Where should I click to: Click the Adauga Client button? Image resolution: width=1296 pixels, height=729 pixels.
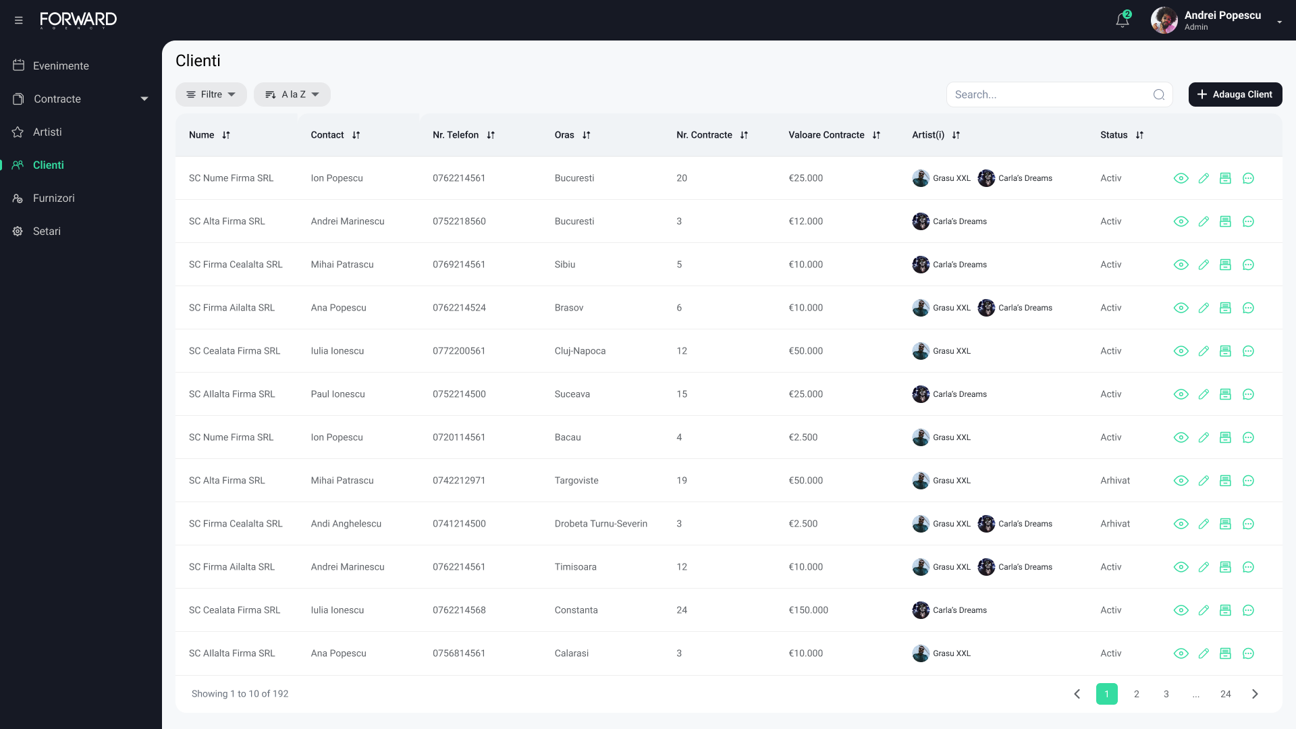tap(1235, 94)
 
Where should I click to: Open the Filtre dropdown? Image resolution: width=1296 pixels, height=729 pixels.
tap(211, 94)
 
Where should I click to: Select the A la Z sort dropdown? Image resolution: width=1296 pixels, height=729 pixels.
tap(292, 94)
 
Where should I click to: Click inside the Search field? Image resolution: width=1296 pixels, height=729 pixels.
tap(1050, 94)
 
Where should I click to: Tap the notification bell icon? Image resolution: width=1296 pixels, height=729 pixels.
tap(1122, 20)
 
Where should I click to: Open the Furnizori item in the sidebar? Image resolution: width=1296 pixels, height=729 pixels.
tap(53, 198)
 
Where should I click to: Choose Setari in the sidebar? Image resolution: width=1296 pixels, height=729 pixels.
tap(46, 231)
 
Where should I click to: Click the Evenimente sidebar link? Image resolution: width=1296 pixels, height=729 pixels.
tap(60, 65)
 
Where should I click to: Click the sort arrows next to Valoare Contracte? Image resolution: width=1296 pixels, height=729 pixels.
tap(876, 135)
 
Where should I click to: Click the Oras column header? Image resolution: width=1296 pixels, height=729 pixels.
tap(564, 135)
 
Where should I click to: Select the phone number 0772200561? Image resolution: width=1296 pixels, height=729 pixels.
tap(459, 351)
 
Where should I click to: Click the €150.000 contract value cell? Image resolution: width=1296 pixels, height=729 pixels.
tap(808, 610)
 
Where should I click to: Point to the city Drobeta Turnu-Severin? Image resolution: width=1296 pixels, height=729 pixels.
tap(601, 524)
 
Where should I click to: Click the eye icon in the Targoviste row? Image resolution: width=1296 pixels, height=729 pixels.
tap(1181, 481)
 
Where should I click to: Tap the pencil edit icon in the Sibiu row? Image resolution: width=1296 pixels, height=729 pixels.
tap(1204, 265)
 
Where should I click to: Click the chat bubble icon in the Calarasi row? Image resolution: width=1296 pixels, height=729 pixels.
tap(1248, 653)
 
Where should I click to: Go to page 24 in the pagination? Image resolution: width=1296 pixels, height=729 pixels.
tap(1225, 694)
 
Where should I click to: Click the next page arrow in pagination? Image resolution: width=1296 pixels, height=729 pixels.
tap(1255, 694)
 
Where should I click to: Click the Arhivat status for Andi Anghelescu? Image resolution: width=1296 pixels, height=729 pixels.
tap(1114, 524)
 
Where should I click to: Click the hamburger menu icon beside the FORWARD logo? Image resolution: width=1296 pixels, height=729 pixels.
tap(18, 20)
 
